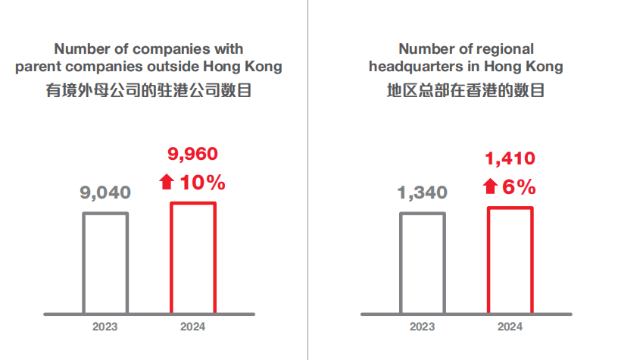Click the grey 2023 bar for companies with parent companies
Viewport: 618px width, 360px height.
[x=105, y=262]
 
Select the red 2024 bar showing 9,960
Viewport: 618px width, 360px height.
[x=192, y=258]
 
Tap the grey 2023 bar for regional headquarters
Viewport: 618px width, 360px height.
[x=422, y=262]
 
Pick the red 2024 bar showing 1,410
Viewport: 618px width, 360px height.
[x=510, y=259]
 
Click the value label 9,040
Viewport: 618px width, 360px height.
[x=105, y=193]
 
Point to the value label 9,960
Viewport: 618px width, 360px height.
[x=192, y=155]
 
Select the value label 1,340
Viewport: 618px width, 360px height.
[x=423, y=193]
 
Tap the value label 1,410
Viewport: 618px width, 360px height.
[x=510, y=158]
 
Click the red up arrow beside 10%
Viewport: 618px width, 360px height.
[x=167, y=183]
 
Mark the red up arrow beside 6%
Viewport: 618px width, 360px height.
[x=490, y=186]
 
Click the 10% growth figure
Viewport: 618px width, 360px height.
[x=202, y=183]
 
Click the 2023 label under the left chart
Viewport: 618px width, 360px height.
[x=105, y=327]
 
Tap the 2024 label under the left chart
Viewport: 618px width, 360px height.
[x=192, y=327]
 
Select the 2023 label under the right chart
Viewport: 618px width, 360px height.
[x=422, y=327]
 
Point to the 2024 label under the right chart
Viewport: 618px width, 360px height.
[x=510, y=327]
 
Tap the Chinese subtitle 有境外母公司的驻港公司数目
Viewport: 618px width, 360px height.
[x=149, y=92]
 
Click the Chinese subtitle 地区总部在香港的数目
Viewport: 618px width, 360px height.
[x=466, y=92]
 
